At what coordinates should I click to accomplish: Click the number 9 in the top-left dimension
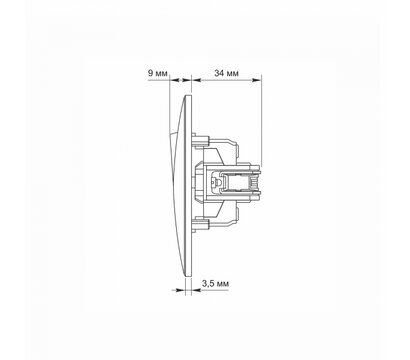pyautogui.click(x=151, y=73)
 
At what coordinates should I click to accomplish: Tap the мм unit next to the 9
pyautogui.click(x=162, y=74)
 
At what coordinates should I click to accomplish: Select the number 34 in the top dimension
pyautogui.click(x=219, y=73)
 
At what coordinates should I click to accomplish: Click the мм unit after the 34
pyautogui.click(x=232, y=74)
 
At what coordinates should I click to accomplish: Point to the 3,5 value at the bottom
pyautogui.click(x=208, y=284)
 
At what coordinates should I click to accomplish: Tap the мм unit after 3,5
pyautogui.click(x=223, y=285)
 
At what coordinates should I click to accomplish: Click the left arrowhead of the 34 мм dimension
pyautogui.click(x=197, y=80)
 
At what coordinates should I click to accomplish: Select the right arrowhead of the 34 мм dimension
pyautogui.click(x=256, y=80)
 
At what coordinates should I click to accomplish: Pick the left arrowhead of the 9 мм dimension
pyautogui.click(x=175, y=80)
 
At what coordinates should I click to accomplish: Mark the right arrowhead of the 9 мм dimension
pyautogui.click(x=187, y=80)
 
